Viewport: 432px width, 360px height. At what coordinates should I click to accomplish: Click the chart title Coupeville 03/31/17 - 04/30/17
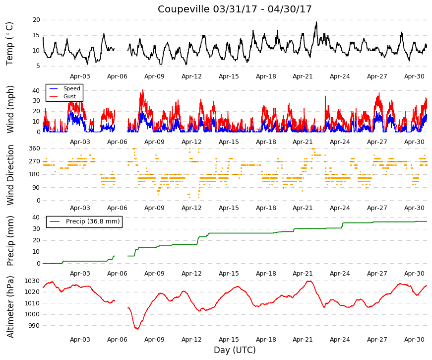point(235,9)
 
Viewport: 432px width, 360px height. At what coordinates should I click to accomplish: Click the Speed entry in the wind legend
point(71,88)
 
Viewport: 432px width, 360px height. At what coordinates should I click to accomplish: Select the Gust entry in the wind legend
point(69,96)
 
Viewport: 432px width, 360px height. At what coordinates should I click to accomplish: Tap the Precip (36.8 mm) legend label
point(93,221)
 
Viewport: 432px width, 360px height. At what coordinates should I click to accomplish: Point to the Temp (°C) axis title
point(9,44)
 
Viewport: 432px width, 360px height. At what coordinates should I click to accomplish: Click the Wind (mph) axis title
point(10,110)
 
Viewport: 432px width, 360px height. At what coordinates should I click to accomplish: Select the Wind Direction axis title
point(10,175)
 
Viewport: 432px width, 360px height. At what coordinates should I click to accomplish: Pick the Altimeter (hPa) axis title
point(10,307)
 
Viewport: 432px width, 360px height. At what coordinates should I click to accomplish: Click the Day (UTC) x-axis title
point(235,350)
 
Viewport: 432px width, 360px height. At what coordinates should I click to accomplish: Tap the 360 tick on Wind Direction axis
point(34,148)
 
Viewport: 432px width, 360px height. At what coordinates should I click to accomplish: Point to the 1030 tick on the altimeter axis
point(32,281)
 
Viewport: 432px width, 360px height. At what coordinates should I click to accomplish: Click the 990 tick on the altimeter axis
point(34,326)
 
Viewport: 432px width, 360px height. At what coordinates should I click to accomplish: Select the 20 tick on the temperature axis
point(36,20)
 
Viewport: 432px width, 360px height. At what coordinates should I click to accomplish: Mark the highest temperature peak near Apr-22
point(316,22)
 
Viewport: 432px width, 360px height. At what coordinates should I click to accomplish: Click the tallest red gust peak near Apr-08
point(143,90)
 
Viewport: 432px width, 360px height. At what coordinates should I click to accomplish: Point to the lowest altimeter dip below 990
point(137,329)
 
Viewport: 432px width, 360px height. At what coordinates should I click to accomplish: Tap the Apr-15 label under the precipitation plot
point(229,274)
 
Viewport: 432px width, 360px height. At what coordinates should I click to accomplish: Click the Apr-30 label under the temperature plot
point(414,76)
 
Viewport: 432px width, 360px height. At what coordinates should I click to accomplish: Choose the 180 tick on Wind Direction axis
point(34,174)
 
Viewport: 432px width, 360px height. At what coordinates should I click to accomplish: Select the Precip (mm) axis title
point(10,241)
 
